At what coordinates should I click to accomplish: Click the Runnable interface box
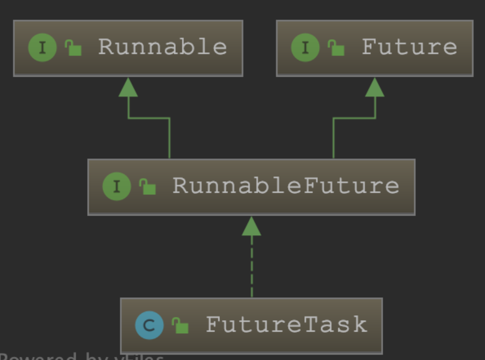[128, 48]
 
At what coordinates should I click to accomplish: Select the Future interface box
[375, 48]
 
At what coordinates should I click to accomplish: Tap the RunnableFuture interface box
[251, 187]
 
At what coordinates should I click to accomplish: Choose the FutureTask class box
[251, 326]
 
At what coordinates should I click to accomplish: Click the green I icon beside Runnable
[42, 48]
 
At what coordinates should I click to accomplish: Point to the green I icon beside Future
[305, 48]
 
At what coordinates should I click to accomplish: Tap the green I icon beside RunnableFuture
[116, 187]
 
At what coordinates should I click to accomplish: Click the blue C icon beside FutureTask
[149, 326]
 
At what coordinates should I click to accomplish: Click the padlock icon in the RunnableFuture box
[148, 187]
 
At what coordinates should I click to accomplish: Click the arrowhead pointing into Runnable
[128, 87]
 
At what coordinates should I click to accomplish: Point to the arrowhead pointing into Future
[375, 87]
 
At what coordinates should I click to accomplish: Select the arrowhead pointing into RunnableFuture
[251, 226]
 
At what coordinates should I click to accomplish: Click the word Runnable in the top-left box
[162, 47]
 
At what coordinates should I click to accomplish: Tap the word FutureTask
[286, 325]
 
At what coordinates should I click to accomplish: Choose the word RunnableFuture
[286, 186]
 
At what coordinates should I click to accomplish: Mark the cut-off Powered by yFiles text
[82, 357]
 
